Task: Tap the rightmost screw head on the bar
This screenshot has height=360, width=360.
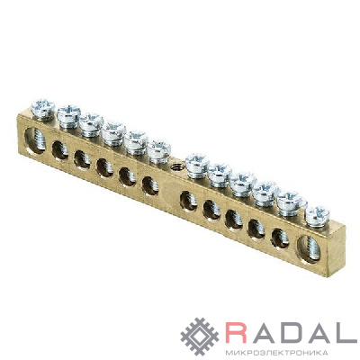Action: tap(317, 216)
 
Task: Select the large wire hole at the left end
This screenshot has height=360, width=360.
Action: tap(35, 140)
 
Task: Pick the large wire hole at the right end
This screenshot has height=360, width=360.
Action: tap(309, 249)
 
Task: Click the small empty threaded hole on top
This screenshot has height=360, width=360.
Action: tap(175, 166)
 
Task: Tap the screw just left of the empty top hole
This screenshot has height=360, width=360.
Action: tap(159, 151)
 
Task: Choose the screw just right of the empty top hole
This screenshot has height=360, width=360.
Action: tap(197, 165)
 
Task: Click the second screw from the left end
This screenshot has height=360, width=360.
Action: tap(68, 116)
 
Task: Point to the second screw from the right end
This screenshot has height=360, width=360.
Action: tap(291, 202)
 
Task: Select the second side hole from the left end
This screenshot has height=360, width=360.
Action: tap(60, 150)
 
